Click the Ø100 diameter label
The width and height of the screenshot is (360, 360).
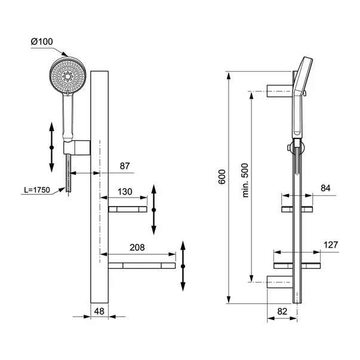click(x=42, y=42)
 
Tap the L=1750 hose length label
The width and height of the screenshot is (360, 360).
click(x=37, y=190)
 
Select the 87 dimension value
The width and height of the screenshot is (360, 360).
click(x=125, y=166)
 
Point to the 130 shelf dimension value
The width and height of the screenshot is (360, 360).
click(x=125, y=192)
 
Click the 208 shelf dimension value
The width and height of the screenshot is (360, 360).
click(x=137, y=247)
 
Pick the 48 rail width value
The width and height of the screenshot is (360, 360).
click(x=99, y=311)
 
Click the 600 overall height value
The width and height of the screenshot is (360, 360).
click(x=222, y=177)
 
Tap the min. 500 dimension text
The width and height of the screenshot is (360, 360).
click(x=245, y=180)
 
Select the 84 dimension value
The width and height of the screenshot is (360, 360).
click(x=325, y=188)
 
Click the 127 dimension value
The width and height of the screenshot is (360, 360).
click(x=331, y=245)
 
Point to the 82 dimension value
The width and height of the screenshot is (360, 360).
click(x=282, y=311)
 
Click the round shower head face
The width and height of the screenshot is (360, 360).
click(x=67, y=75)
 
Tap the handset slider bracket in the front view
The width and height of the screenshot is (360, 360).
click(x=76, y=147)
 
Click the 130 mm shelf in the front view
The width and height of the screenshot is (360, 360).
click(x=128, y=209)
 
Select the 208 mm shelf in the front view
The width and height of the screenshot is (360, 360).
click(x=142, y=266)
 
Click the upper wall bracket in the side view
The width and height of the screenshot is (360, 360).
click(x=280, y=91)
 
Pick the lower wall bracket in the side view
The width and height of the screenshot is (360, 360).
click(x=280, y=282)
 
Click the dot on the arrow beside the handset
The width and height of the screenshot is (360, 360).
click(x=52, y=147)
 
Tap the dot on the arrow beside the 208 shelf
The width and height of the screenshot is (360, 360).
click(x=183, y=266)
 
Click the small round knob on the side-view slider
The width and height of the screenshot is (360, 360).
click(x=288, y=147)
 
